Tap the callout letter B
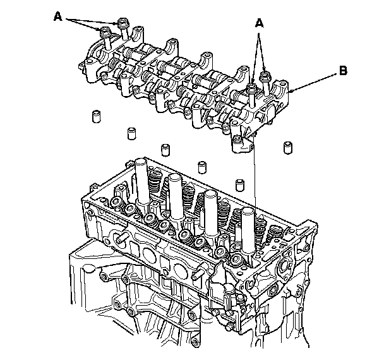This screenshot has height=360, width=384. click(342, 72)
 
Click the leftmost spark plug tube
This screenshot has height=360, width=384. click(140, 180)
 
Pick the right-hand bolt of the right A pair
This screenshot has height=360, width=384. click(265, 78)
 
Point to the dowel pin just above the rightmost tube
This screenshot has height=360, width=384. click(240, 184)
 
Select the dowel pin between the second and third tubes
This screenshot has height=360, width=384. click(203, 167)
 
